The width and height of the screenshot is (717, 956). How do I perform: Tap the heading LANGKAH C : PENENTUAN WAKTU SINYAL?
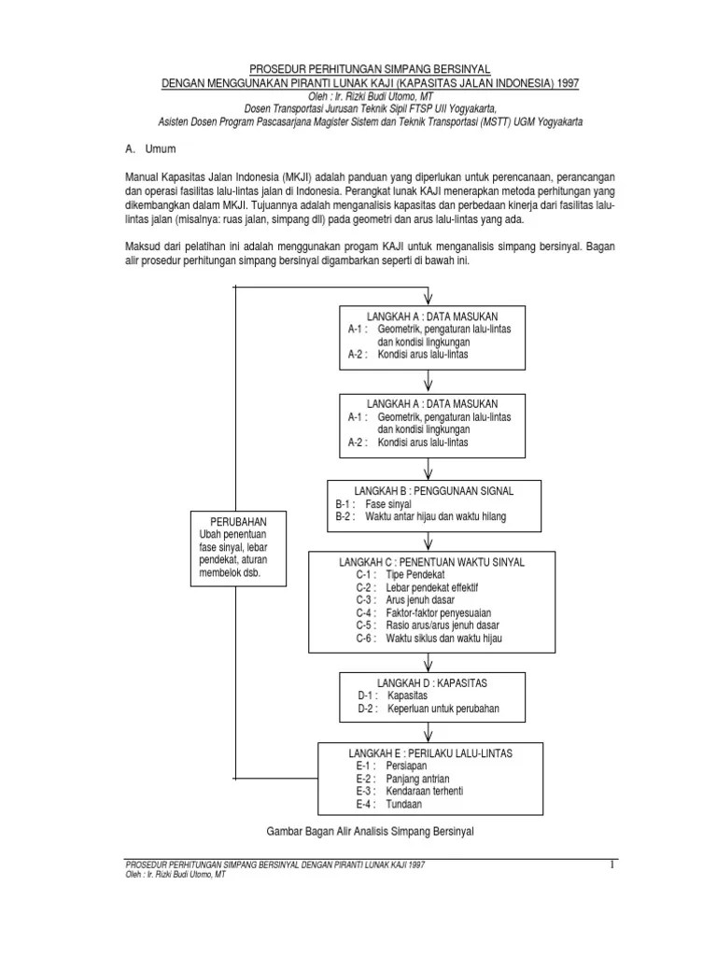[430, 562]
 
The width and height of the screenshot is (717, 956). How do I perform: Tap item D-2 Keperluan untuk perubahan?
[429, 709]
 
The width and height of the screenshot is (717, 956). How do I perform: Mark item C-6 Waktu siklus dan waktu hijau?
[434, 638]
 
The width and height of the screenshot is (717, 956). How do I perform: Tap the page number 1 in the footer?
[613, 865]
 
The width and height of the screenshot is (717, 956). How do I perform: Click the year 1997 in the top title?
[566, 82]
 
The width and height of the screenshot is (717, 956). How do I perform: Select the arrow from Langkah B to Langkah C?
[429, 540]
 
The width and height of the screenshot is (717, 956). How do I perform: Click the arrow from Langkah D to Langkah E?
[429, 732]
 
